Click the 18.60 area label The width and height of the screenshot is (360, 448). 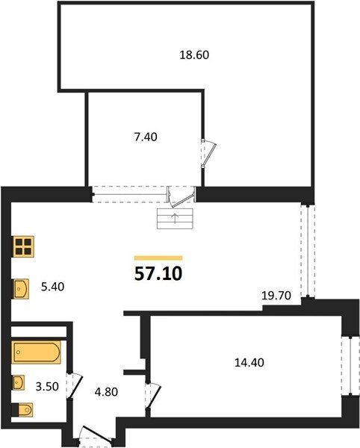tap(194, 55)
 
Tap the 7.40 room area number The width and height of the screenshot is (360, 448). tap(146, 137)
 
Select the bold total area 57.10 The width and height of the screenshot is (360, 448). tap(158, 274)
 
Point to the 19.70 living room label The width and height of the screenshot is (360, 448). tap(276, 296)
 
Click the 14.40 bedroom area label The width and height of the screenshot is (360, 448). tap(249, 363)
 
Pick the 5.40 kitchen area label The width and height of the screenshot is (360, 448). tap(52, 287)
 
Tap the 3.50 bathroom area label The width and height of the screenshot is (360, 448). tap(47, 387)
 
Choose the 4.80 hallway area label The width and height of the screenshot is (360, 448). tap(106, 392)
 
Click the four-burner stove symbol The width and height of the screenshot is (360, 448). tap(23, 246)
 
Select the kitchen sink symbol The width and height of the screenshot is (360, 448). tap(21, 289)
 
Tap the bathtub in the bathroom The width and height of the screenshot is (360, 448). tap(37, 352)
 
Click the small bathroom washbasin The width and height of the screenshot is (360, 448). tap(18, 382)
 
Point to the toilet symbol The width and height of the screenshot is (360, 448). tap(22, 410)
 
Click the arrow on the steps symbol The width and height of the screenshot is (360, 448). tap(175, 219)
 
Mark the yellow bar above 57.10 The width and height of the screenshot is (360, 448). tap(158, 258)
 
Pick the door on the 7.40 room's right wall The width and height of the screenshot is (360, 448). tap(208, 153)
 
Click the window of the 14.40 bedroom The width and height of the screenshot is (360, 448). tap(350, 366)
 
